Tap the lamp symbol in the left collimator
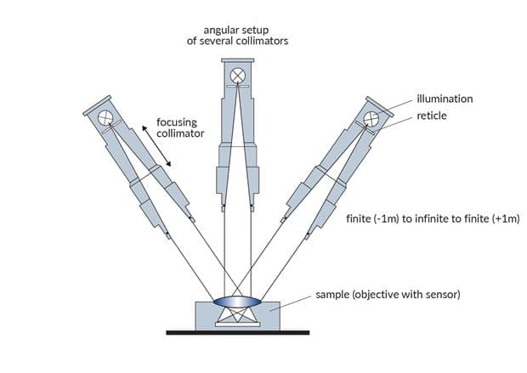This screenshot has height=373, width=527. [x=106, y=116]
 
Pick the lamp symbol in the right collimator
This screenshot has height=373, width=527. [x=371, y=116]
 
